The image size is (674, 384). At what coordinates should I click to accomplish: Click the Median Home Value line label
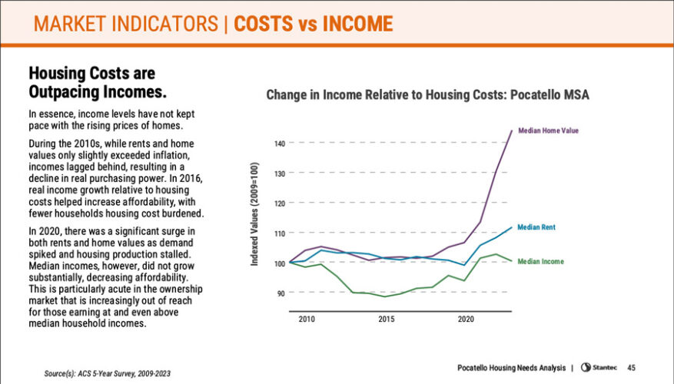coord(548,131)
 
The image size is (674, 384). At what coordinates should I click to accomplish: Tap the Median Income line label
coord(540,261)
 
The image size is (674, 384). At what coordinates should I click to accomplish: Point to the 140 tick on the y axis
coord(279,144)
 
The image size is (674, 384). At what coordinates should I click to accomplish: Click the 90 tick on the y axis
coord(281,293)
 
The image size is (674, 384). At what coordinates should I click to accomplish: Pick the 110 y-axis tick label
coord(279,233)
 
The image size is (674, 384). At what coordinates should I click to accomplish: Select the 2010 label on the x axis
coord(307,318)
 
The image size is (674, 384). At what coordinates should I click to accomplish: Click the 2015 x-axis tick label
coord(387,318)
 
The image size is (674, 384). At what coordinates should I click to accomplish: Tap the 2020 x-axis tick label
coord(466,318)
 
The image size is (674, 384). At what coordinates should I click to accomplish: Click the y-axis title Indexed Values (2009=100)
coord(255,214)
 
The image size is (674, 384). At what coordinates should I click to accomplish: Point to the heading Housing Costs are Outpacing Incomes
coord(98,83)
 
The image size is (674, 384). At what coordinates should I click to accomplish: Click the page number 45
coord(632,366)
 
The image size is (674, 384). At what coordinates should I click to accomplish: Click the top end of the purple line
coord(512,131)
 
